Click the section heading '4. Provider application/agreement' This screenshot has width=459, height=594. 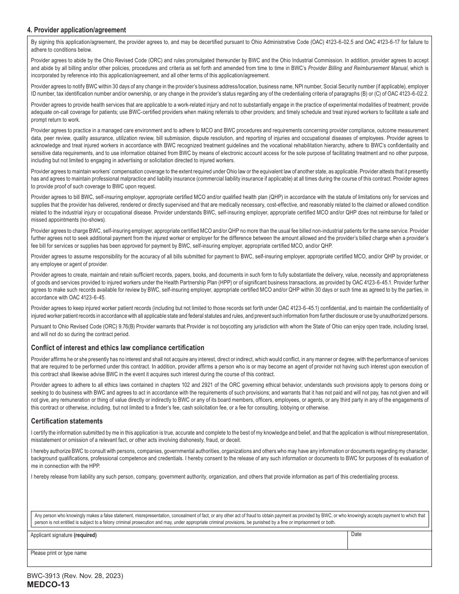click(76, 30)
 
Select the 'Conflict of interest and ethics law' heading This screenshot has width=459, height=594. click(117, 348)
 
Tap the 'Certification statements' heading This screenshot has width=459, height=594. click(67, 421)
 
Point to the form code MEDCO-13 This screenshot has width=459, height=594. click(48, 585)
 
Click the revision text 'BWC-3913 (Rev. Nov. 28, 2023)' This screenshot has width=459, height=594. click(75, 576)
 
